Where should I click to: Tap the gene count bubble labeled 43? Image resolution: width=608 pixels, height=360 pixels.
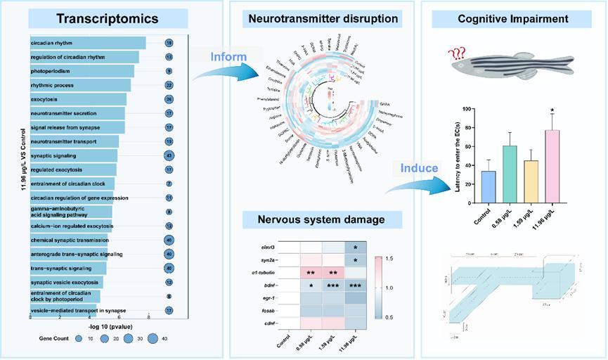[x=169, y=155]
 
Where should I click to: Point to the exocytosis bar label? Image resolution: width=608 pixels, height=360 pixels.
[x=45, y=99]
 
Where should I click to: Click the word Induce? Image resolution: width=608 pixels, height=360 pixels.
[x=419, y=168]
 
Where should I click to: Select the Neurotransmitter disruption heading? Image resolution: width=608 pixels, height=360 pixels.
[x=321, y=19]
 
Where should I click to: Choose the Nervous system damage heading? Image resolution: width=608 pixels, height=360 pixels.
[x=323, y=220]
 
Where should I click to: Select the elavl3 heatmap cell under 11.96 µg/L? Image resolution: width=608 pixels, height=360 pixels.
[x=355, y=247]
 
